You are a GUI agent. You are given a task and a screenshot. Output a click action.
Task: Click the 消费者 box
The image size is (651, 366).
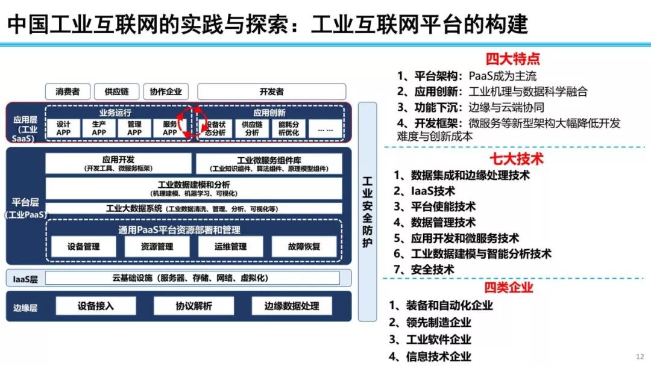click(68, 91)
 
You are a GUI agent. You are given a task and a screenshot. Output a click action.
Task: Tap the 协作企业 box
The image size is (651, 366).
click(166, 91)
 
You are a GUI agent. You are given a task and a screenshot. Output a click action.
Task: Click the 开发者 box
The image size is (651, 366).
click(271, 91)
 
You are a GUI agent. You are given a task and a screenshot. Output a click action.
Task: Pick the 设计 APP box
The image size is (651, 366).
click(63, 128)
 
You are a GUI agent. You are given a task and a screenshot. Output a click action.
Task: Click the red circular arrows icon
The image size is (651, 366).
click(187, 123)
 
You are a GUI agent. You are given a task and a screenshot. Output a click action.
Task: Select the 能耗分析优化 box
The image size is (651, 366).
click(289, 128)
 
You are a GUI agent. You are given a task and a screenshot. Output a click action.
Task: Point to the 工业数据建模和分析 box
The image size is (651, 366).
click(193, 188)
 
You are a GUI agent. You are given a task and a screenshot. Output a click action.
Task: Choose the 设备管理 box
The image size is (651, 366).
click(83, 246)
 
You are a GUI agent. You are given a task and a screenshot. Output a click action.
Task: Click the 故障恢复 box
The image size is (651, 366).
click(304, 246)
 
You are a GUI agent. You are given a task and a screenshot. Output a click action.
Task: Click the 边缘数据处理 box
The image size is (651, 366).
click(292, 306)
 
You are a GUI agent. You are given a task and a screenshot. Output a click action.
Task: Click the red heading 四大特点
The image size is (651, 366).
click(512, 59)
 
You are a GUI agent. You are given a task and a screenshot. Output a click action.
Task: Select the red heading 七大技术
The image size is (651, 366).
click(516, 159)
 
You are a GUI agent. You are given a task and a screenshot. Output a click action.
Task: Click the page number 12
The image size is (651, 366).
click(640, 356)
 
